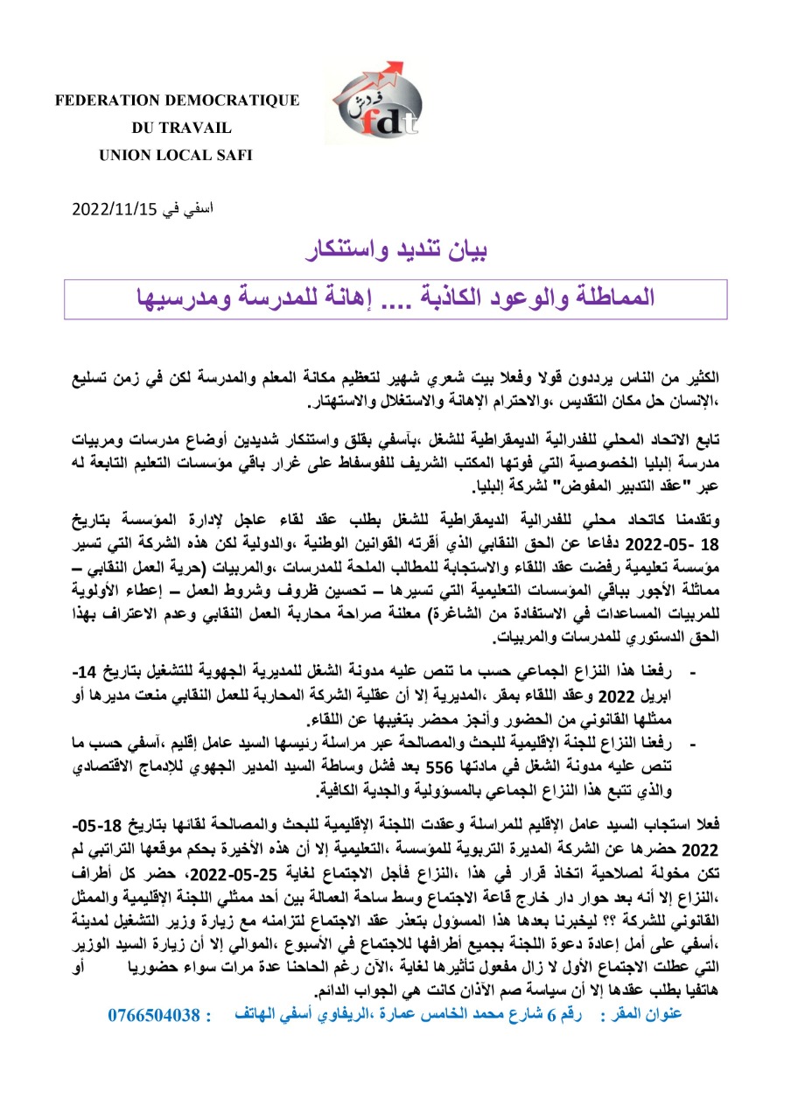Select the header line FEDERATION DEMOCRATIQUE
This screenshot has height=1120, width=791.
click(178, 101)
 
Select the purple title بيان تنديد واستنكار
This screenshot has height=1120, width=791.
click(399, 250)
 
